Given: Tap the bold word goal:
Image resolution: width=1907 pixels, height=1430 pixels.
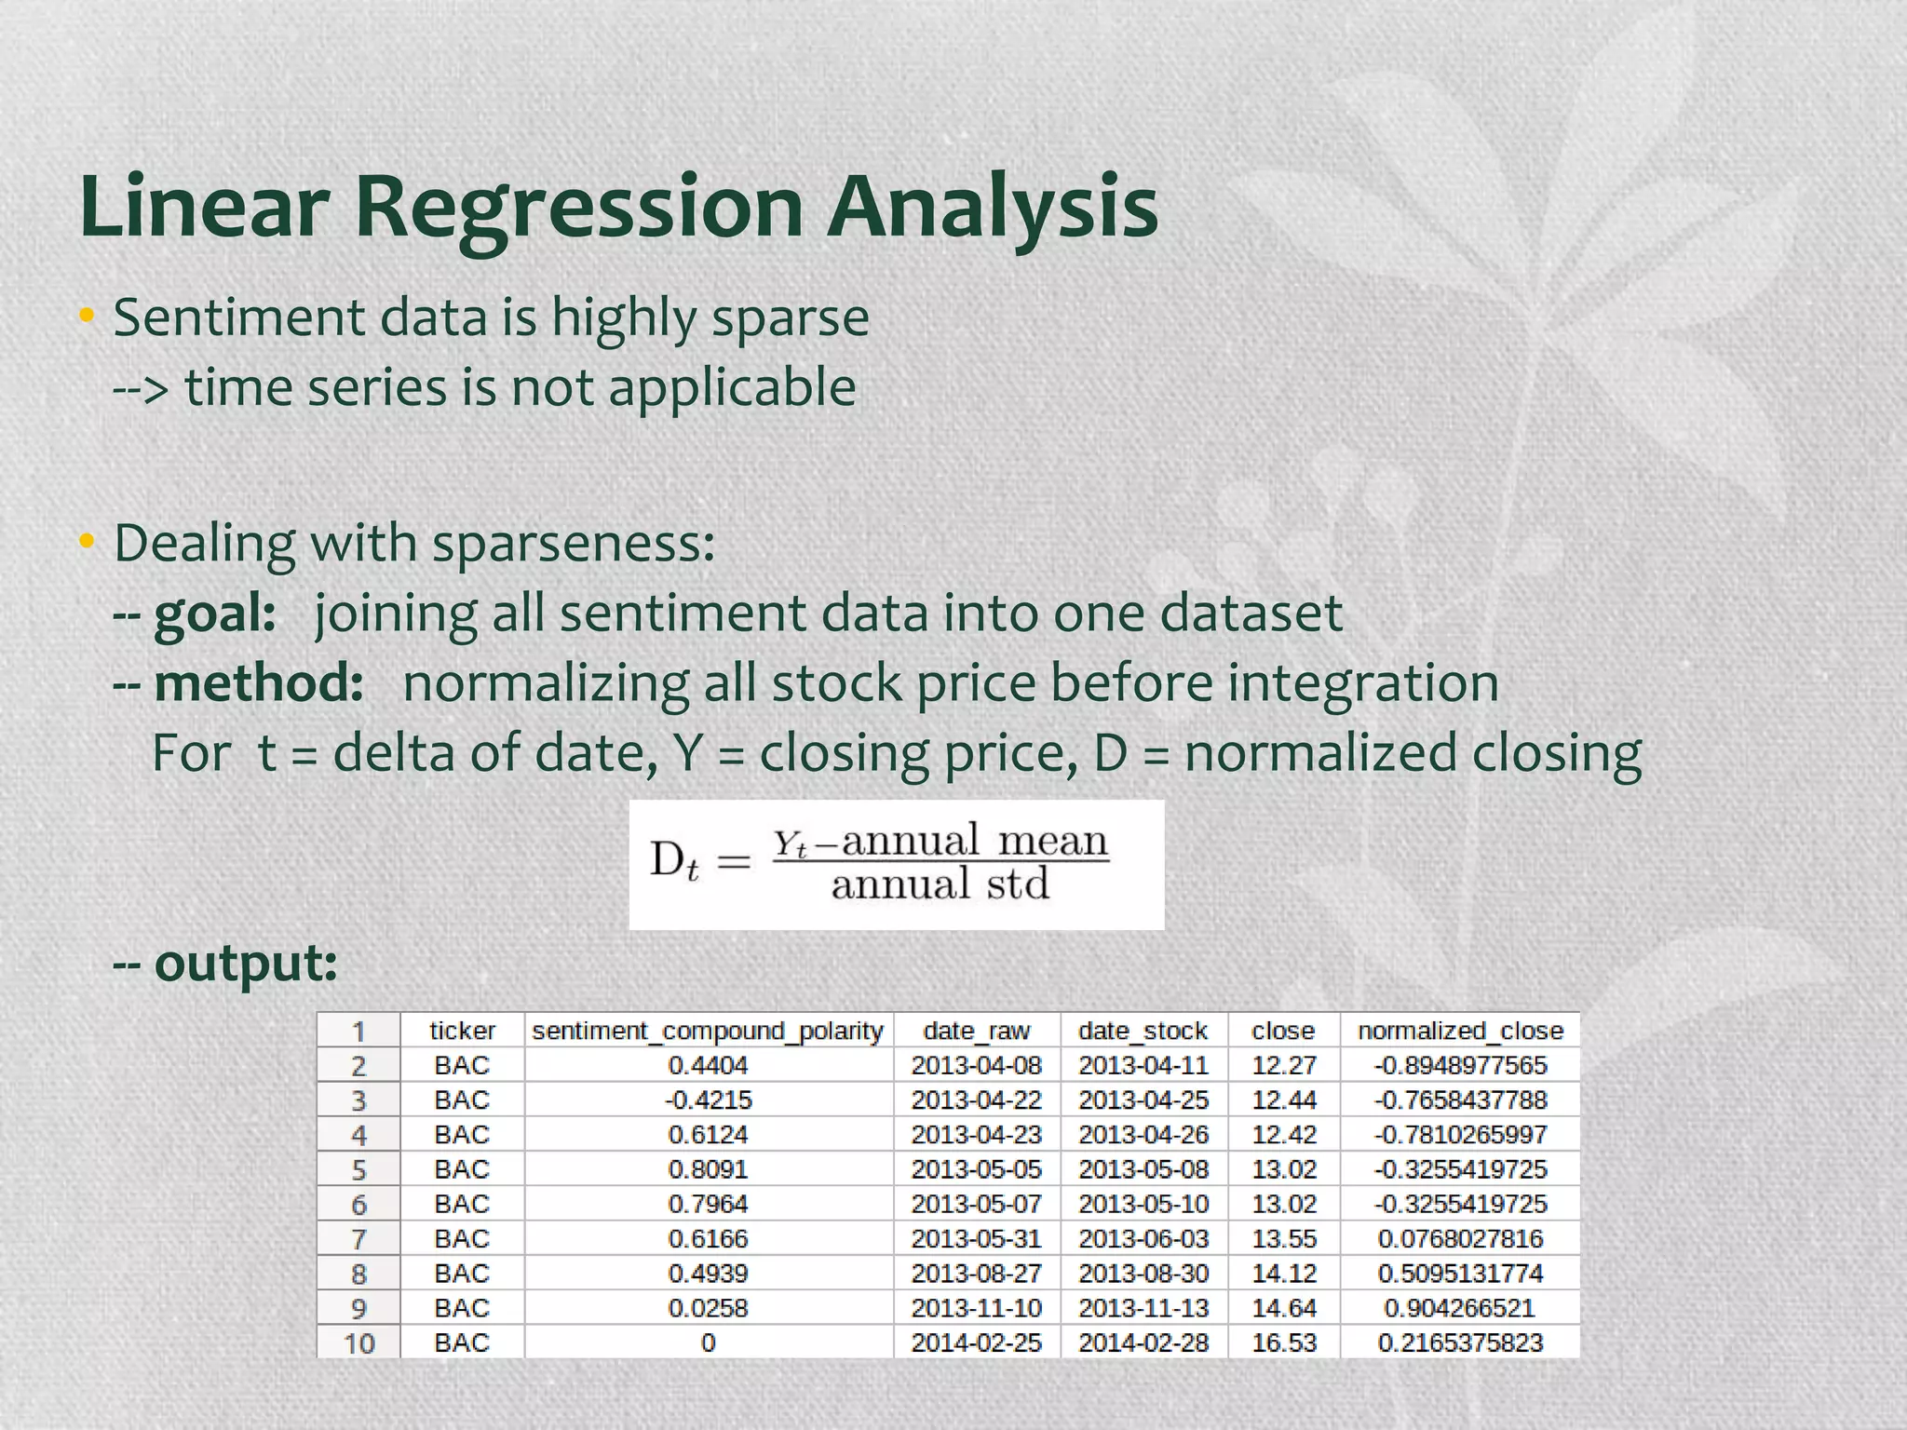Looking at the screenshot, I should pyautogui.click(x=214, y=614).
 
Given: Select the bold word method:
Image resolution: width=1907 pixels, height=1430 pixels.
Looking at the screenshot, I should pyautogui.click(x=258, y=684).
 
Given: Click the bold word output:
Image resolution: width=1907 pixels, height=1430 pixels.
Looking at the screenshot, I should pyautogui.click(x=245, y=963).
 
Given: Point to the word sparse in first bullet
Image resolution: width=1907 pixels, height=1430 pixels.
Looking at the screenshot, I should pyautogui.click(x=790, y=318).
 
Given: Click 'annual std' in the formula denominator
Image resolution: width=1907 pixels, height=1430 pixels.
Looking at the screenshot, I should pyautogui.click(x=940, y=884).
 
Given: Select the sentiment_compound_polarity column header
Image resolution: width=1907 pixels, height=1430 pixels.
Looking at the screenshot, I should pyautogui.click(x=708, y=1031).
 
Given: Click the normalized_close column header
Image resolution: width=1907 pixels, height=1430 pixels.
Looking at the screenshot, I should pyautogui.click(x=1460, y=1031).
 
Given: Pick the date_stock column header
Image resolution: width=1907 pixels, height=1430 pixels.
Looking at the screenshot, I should pyautogui.click(x=1143, y=1031).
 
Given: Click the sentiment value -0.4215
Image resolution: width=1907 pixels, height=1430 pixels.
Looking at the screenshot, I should pyautogui.click(x=708, y=1100).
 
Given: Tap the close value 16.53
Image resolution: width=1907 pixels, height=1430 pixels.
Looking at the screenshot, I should pyautogui.click(x=1283, y=1343).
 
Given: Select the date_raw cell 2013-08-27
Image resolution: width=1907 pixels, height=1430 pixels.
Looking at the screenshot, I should pyautogui.click(x=976, y=1274).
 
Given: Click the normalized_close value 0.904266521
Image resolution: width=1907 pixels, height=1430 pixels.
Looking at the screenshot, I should pyautogui.click(x=1459, y=1308).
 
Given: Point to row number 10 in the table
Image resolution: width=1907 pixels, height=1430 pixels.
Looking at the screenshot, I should pyautogui.click(x=359, y=1343).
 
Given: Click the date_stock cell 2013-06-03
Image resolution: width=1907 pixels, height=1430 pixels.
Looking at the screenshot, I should pyautogui.click(x=1143, y=1239).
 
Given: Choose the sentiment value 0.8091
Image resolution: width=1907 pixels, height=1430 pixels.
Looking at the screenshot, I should pyautogui.click(x=708, y=1169).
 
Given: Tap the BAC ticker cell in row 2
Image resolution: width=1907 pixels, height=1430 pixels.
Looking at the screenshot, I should pyautogui.click(x=462, y=1065).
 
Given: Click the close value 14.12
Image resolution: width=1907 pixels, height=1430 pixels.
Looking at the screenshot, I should pyautogui.click(x=1283, y=1274).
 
